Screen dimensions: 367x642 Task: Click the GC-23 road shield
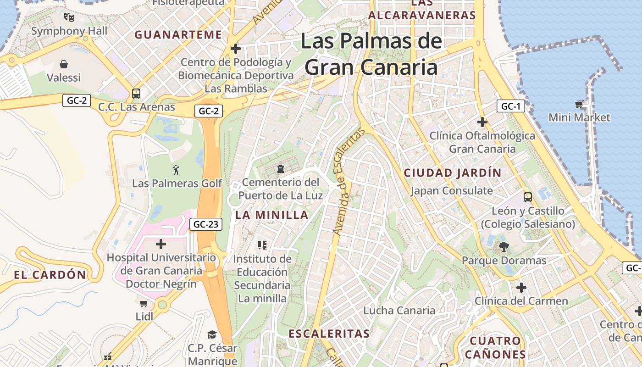tap(206, 224)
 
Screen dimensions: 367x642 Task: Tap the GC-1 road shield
tap(510, 106)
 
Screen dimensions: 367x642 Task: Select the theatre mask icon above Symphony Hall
tap(69, 17)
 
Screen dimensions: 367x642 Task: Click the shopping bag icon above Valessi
tap(64, 64)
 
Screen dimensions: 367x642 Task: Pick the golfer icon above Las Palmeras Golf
tap(177, 170)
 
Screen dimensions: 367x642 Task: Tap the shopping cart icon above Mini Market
tap(579, 104)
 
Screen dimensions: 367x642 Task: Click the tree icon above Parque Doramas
tap(504, 247)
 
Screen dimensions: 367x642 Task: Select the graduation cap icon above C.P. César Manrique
tap(212, 334)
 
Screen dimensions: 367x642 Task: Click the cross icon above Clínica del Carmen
tap(521, 288)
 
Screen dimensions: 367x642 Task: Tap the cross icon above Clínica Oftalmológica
tap(482, 122)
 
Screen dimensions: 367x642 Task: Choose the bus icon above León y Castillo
tap(527, 197)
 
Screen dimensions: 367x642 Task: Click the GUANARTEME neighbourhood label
tap(178, 35)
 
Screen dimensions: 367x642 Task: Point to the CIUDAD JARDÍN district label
tap(453, 173)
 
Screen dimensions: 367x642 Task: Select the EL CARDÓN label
tap(50, 275)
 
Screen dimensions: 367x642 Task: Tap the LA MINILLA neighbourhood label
tap(272, 215)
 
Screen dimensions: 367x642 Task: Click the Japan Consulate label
tap(452, 191)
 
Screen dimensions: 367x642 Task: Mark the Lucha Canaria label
tap(399, 311)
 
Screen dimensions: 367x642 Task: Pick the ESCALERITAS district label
tap(329, 334)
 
